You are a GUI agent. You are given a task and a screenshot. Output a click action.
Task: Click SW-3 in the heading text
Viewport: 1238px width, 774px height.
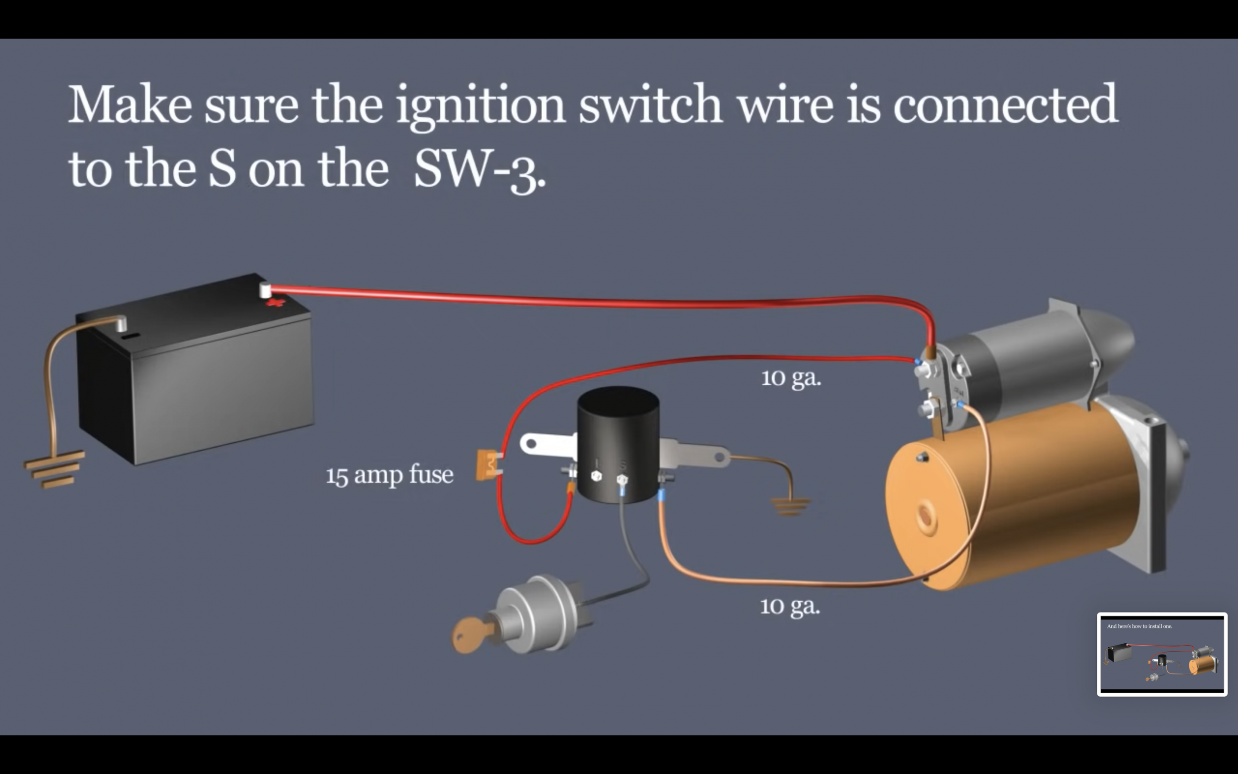479,169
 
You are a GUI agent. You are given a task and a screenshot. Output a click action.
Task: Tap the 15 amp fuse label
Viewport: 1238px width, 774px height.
389,475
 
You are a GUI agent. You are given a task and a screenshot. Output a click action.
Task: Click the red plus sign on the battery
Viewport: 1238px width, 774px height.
275,303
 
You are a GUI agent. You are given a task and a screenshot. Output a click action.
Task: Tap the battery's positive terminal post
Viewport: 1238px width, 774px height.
265,290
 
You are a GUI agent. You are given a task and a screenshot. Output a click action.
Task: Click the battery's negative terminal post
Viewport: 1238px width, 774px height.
121,323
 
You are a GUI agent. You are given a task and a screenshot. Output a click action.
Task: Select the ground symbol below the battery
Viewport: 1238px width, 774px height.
54,468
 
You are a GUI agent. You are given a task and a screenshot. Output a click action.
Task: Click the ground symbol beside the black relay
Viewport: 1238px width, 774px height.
791,506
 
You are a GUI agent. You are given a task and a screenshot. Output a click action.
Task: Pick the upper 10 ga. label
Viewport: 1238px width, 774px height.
791,378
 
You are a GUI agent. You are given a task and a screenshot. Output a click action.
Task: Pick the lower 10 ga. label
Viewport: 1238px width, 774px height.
790,606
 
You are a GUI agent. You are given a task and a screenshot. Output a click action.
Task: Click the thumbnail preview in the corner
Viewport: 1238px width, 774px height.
1162,654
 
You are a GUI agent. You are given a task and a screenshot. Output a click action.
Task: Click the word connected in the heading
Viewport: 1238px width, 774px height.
1005,104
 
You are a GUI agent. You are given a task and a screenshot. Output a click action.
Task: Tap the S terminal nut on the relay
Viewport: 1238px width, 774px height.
622,480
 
